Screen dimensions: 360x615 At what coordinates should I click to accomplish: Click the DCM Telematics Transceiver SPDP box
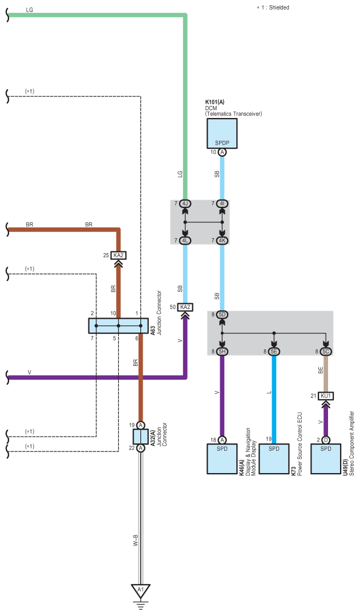pyautogui.click(x=222, y=133)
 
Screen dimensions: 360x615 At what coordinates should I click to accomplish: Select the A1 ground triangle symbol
pyautogui.click(x=140, y=590)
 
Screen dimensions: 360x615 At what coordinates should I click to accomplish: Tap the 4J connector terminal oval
pyautogui.click(x=185, y=203)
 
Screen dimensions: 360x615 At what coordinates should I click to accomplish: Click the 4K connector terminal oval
pyautogui.click(x=222, y=241)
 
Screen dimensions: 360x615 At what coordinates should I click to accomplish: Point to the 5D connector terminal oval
pyautogui.click(x=222, y=315)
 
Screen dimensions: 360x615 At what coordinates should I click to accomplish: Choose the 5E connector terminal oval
pyautogui.click(x=274, y=352)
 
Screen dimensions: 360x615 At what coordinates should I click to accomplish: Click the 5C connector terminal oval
pyautogui.click(x=326, y=352)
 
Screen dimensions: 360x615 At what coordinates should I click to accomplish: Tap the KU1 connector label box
pyautogui.click(x=326, y=396)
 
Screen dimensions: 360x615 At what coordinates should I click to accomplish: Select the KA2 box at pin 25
pyautogui.click(x=118, y=255)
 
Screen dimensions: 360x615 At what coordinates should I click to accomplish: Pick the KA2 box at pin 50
pyautogui.click(x=185, y=307)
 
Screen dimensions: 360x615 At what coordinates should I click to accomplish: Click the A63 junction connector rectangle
pyautogui.click(x=118, y=325)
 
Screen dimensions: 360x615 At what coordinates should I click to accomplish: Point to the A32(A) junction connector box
pyautogui.click(x=140, y=437)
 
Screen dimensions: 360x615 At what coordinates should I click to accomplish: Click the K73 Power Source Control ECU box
pyautogui.click(x=274, y=459)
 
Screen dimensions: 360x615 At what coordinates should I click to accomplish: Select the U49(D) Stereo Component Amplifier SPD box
pyautogui.click(x=326, y=459)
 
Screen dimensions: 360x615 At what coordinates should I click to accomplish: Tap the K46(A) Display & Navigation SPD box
pyautogui.click(x=222, y=459)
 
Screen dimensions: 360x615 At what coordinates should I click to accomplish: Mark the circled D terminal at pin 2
pyautogui.click(x=326, y=440)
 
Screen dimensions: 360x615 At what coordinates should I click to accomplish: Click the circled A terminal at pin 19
pyautogui.click(x=140, y=425)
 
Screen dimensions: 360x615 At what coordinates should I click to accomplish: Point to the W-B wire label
pyautogui.click(x=135, y=540)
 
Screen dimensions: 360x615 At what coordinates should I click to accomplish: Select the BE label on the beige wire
pyautogui.click(x=321, y=370)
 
